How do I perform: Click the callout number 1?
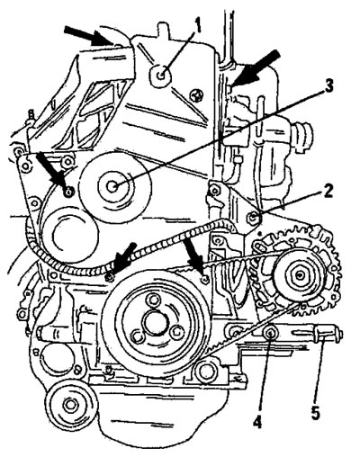pos(197,27)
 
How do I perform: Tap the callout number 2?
pos(327,191)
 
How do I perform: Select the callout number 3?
pos(328,86)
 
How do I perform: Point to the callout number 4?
pos(257,422)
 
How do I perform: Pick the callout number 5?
pos(315,412)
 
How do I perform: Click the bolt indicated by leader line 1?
pos(161,75)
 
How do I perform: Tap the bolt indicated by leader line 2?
pos(253,217)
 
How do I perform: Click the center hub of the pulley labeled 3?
pos(113,186)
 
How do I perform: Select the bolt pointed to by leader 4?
pos(269,333)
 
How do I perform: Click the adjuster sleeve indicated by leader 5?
pos(322,334)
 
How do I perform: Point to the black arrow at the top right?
pos(256,68)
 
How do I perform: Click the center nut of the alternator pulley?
pos(300,275)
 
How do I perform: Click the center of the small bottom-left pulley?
pos(71,405)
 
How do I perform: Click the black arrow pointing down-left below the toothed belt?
pos(122,259)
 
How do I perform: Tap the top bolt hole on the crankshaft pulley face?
pos(154,299)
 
